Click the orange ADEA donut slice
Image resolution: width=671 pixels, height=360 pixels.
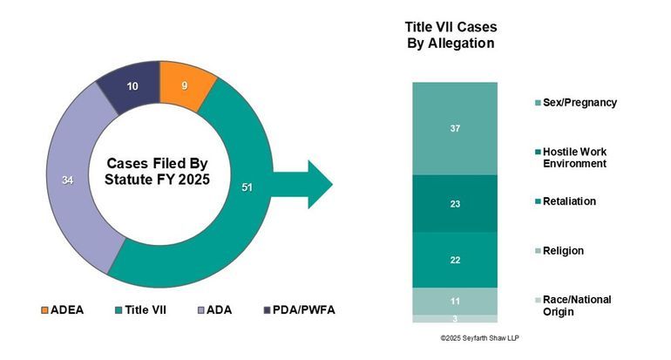185,86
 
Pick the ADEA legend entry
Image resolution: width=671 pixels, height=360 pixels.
62,309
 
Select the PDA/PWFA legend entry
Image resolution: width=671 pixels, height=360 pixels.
298,309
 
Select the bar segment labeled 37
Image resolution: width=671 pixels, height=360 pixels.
454,129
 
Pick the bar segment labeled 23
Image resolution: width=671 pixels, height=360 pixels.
454,204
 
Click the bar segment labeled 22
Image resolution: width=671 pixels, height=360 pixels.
454,260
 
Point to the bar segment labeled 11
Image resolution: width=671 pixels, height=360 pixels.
454,301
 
